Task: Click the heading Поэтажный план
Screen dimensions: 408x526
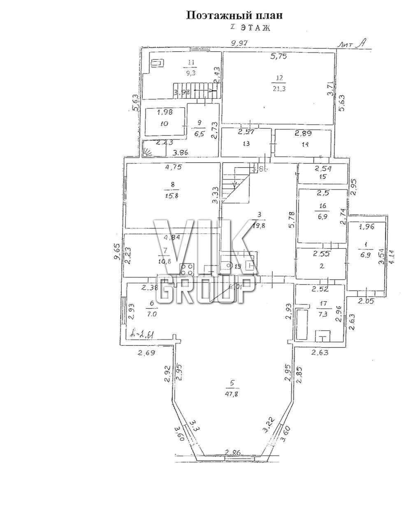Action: [235, 16]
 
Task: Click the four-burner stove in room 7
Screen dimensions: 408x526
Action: [187, 269]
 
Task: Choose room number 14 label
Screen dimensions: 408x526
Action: [304, 144]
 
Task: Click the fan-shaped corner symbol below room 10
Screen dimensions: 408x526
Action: [147, 152]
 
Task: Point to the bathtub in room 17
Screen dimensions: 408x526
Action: [301, 325]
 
